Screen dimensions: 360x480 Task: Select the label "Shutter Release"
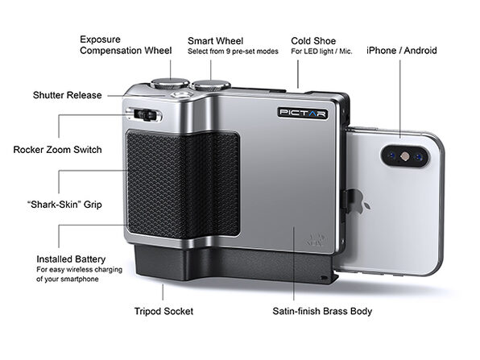pos(68,95)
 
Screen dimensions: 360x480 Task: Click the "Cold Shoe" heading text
pos(312,40)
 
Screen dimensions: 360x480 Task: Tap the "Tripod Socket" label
pos(163,310)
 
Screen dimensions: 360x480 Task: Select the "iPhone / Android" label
pos(401,50)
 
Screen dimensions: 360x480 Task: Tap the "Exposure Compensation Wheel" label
pos(125,44)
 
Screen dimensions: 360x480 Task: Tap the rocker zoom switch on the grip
pos(144,115)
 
